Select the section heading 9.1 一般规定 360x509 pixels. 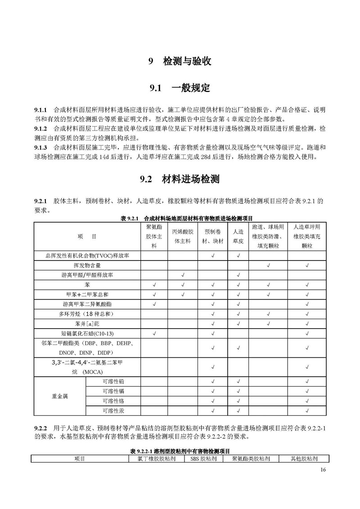pos(180,88)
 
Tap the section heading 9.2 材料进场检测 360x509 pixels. pos(180,180)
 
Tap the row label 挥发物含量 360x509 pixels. pos(87,266)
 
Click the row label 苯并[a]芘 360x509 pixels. pos(87,323)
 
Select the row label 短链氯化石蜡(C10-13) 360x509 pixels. pos(87,333)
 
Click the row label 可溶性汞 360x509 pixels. pos(113,410)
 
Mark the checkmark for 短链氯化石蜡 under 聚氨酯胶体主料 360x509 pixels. pos(154,333)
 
